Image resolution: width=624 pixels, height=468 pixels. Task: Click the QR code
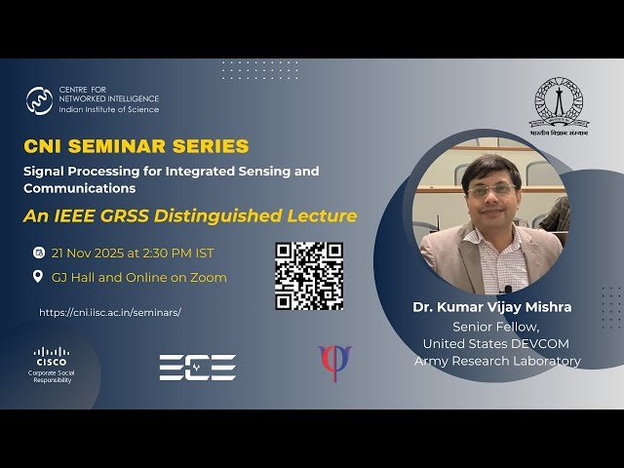308,276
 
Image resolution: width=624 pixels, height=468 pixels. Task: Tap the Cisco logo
52,355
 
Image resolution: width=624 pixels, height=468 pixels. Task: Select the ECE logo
197,367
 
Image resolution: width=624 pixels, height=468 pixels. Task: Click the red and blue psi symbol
334,363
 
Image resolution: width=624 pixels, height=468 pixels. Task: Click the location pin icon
38,277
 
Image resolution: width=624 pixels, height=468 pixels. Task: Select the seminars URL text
110,313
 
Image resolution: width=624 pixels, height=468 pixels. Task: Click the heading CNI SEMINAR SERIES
136,146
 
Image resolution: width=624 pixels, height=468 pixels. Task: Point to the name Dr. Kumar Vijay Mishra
492,308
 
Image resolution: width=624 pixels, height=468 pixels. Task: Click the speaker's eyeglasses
490,189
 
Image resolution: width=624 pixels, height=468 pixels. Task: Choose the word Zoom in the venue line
209,278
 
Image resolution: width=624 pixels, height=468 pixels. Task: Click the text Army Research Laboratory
497,362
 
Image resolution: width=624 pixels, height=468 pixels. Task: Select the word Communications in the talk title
80,188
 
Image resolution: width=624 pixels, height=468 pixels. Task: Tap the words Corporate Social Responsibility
52,376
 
